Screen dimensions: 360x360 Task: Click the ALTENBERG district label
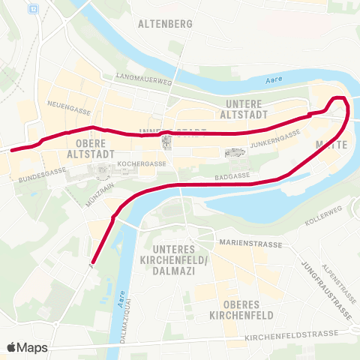pyautogui.click(x=165, y=23)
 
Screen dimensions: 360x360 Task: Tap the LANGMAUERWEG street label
pyautogui.click(x=145, y=77)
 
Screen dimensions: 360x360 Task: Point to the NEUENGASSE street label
pyautogui.click(x=63, y=103)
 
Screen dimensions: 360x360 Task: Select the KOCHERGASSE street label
pyautogui.click(x=141, y=163)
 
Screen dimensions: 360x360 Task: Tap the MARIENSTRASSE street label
pyautogui.click(x=250, y=244)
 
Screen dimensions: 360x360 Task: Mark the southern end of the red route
pyautogui.click(x=91, y=262)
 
